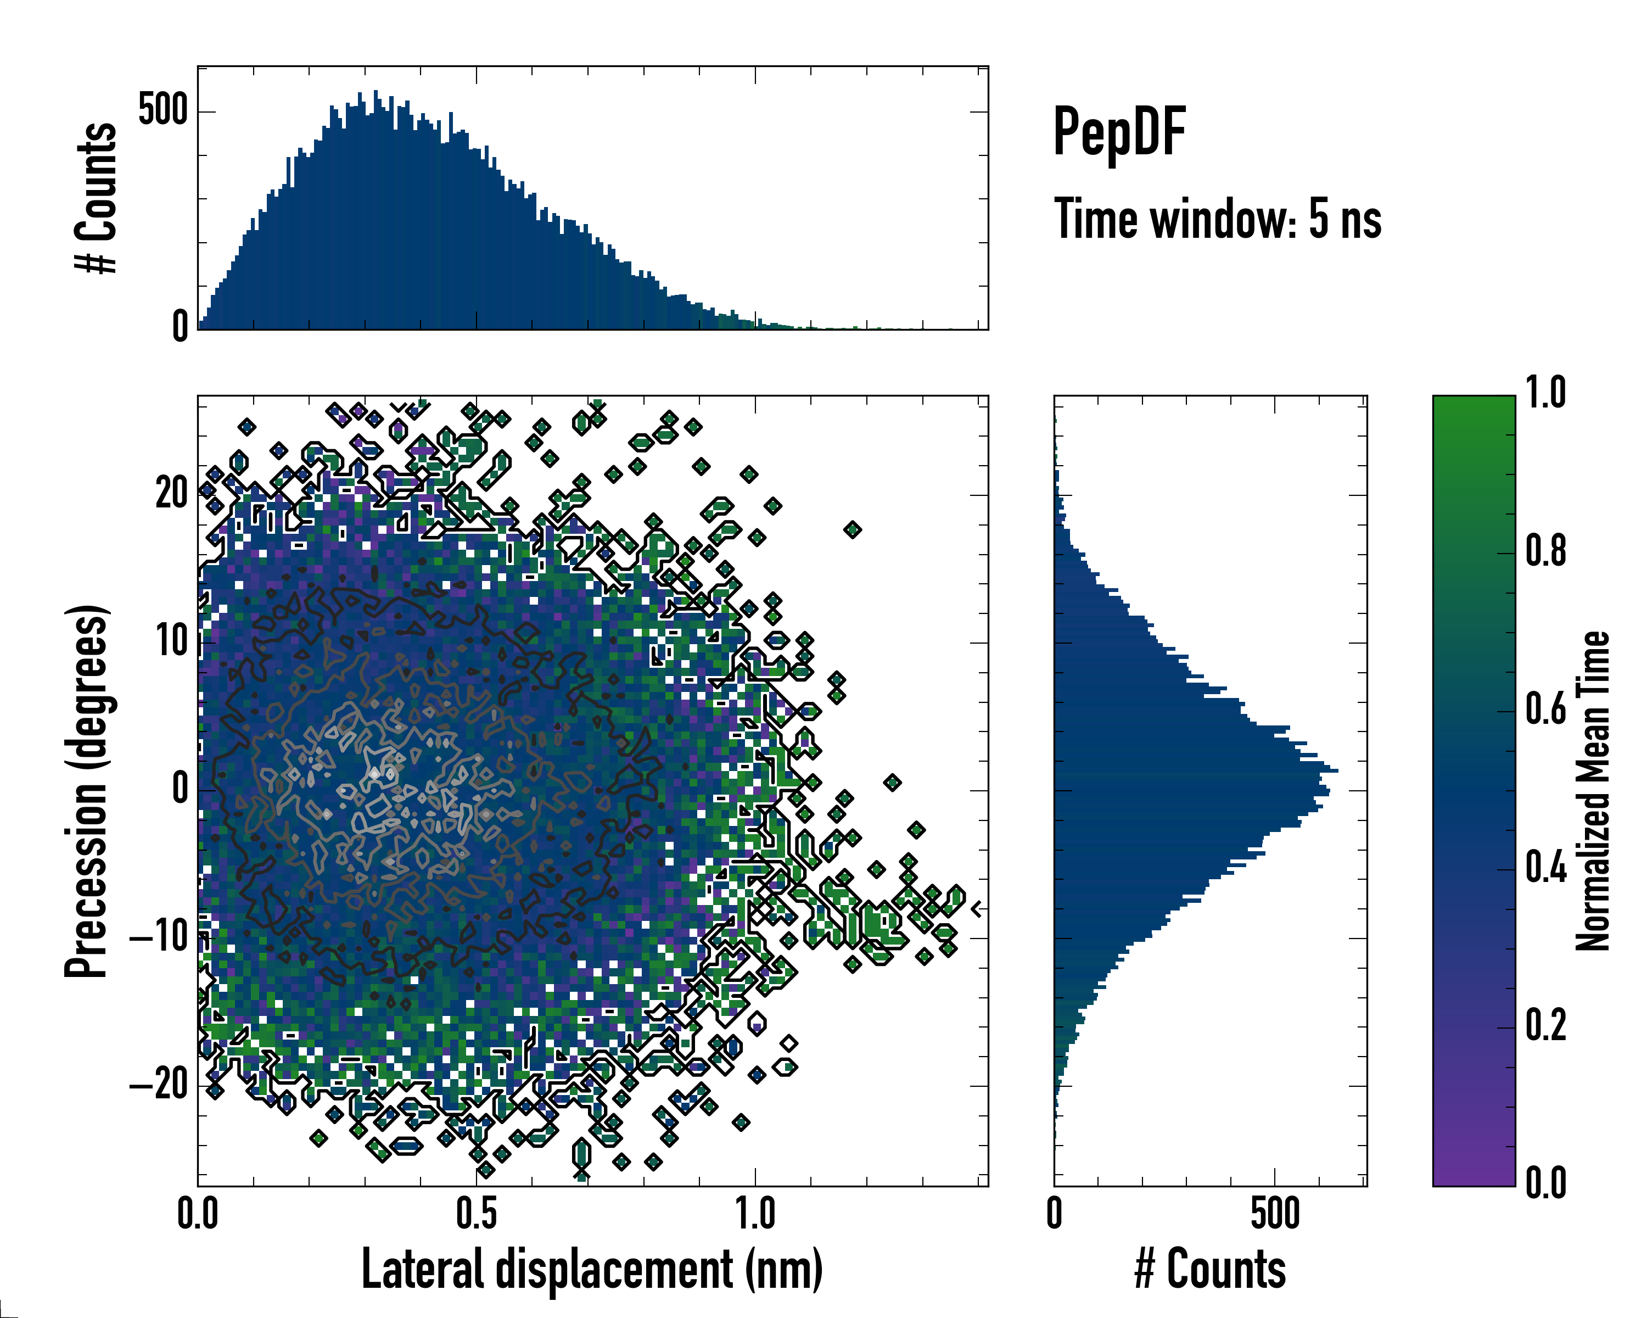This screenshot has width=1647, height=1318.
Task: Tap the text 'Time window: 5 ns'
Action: (1218, 219)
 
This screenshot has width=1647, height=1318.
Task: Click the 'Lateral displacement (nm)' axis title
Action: (592, 1270)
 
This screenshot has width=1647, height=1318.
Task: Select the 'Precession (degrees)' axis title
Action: (86, 791)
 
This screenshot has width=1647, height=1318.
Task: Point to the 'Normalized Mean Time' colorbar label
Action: (1593, 791)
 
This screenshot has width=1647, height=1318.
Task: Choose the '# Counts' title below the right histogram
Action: (1210, 1270)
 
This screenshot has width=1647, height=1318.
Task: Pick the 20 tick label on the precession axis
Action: (171, 494)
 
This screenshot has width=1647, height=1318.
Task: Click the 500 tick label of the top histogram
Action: (163, 111)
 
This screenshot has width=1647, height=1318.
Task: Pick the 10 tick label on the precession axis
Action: (172, 642)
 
